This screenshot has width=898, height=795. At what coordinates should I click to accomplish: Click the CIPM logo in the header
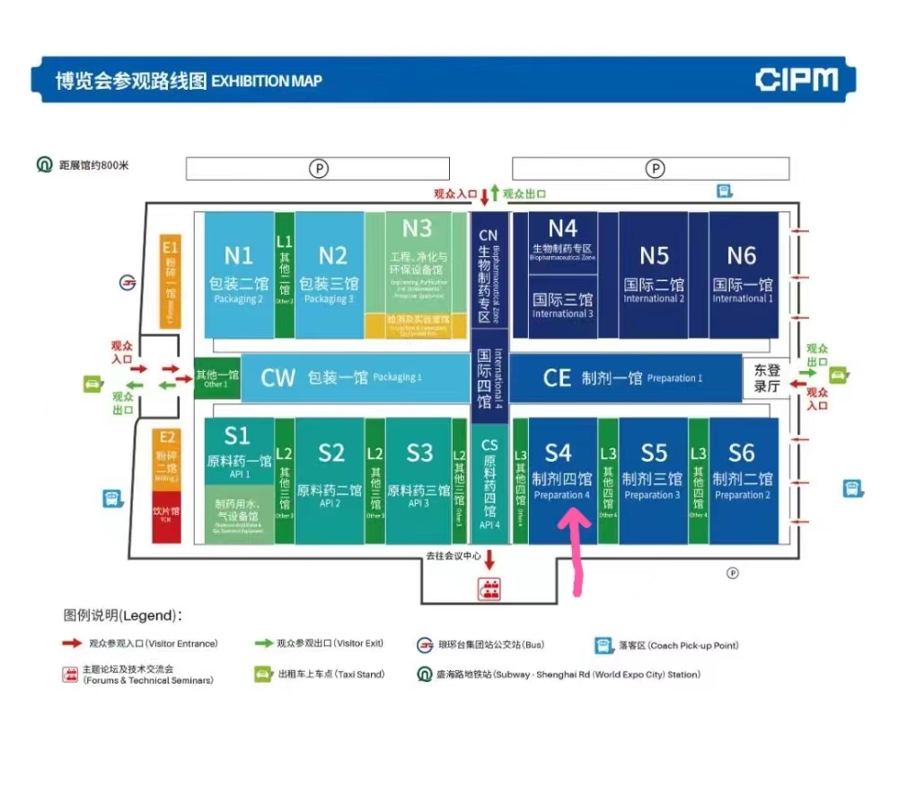(796, 79)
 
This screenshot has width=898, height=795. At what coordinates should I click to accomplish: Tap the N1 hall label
(238, 255)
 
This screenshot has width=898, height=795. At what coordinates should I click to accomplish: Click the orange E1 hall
(170, 280)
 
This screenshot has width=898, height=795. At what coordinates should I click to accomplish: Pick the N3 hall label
(417, 228)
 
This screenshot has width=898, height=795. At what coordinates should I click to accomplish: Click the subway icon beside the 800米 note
(44, 165)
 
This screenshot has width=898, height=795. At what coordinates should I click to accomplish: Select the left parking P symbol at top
(317, 167)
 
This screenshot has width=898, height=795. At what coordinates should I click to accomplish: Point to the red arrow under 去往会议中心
(490, 561)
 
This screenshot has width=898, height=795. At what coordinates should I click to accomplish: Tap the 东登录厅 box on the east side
(766, 377)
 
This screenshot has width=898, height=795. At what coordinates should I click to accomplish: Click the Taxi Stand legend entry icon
(262, 674)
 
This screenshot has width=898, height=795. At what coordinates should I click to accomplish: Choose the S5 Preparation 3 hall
(653, 467)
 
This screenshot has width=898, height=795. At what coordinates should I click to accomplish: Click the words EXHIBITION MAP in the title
(266, 81)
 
